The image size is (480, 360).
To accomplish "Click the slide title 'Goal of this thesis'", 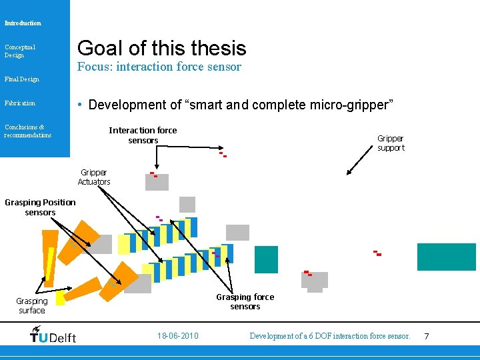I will [x=161, y=48].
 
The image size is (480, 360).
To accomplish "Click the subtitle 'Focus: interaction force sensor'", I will [x=159, y=67].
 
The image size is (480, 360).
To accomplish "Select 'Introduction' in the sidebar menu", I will [x=23, y=23].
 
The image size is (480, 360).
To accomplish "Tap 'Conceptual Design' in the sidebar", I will [x=20, y=51].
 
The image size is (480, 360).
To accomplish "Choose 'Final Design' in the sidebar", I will [x=21, y=79].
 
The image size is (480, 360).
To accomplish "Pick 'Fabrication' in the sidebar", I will [x=19, y=103].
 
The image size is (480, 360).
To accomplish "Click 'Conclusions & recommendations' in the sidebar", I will [x=27, y=131].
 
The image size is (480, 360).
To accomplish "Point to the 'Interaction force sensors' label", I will [x=143, y=135].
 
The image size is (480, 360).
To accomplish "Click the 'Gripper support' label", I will [x=391, y=143].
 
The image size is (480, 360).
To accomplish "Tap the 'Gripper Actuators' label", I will [x=94, y=177].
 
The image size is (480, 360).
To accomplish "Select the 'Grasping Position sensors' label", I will [x=40, y=207].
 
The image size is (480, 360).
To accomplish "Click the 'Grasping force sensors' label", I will [x=245, y=301].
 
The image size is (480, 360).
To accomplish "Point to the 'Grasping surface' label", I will [x=32, y=306].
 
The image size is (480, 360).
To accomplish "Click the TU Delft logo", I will [x=53, y=335].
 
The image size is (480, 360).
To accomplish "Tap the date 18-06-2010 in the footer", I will [x=177, y=336].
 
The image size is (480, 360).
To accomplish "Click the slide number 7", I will [x=427, y=336].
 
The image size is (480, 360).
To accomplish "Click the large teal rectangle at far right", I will [x=446, y=257].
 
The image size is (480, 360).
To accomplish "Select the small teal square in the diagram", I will [x=266, y=259].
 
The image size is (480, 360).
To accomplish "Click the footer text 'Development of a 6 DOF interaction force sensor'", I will [x=329, y=336].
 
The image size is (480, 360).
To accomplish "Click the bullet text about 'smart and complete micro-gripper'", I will [x=240, y=105].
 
